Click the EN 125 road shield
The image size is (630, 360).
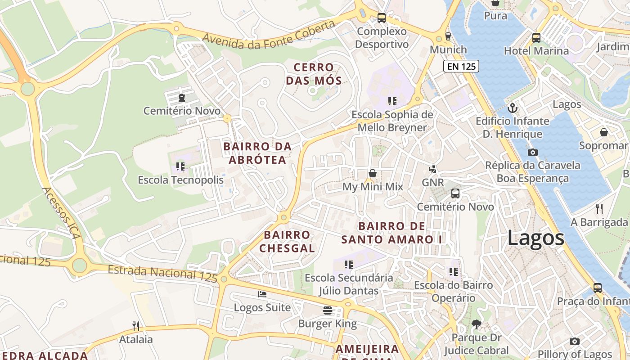click(x=461, y=67)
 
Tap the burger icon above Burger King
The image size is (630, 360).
click(x=328, y=310)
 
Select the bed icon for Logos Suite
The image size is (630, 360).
click(x=262, y=294)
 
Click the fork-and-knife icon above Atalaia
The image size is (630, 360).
click(x=136, y=326)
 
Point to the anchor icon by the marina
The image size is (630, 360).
click(x=512, y=108)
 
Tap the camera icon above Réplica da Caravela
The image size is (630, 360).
click(x=533, y=152)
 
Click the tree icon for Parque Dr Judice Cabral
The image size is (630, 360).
click(x=476, y=324)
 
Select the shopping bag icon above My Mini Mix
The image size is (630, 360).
click(x=373, y=173)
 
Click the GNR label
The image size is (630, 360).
click(x=433, y=182)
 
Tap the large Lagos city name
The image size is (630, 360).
click(x=535, y=238)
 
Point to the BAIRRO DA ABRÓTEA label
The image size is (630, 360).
click(x=257, y=153)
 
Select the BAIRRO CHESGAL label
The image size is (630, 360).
click(x=287, y=242)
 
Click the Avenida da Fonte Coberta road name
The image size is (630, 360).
click(x=269, y=35)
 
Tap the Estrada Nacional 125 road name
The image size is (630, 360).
click(x=162, y=274)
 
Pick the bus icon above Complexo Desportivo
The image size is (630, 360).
click(x=381, y=18)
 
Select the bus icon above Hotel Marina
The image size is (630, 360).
click(x=536, y=37)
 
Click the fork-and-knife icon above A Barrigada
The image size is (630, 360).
click(x=599, y=208)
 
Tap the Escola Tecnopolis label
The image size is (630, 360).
click(x=180, y=180)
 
